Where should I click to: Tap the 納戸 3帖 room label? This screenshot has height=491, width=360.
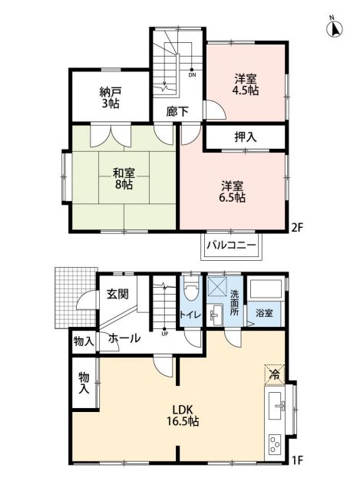[111, 97]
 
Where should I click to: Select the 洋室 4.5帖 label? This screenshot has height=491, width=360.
[246, 84]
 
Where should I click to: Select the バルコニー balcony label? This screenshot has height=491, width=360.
[233, 248]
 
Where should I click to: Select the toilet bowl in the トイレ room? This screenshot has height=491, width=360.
[191, 292]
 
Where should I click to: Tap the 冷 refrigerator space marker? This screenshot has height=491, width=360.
[274, 374]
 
